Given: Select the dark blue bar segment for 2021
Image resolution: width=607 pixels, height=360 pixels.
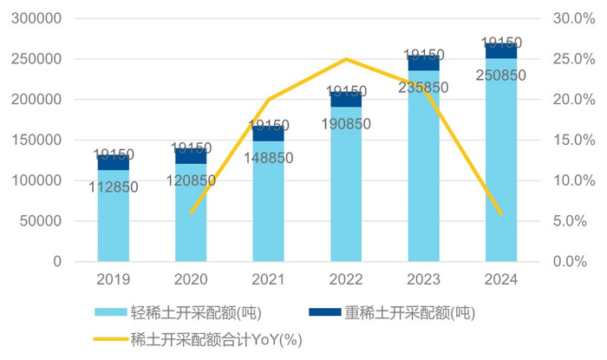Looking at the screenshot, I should click(268, 134).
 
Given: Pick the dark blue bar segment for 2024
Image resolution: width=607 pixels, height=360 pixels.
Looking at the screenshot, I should click(501, 50).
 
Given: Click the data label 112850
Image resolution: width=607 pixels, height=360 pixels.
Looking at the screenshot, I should click(113, 187).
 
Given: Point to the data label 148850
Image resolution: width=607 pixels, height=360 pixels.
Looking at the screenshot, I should click(268, 157).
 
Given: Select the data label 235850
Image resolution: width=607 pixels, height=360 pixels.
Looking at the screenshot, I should click(423, 87).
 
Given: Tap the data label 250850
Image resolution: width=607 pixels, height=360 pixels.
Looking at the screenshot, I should click(501, 75).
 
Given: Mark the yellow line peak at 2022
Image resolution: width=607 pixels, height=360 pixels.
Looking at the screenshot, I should click(346, 59).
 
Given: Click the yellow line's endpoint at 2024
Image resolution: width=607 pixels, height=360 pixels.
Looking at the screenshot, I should click(501, 213).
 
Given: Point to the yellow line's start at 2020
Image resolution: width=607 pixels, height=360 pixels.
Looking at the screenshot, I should click(191, 212).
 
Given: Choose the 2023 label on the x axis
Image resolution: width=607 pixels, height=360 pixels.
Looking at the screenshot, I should click(423, 279).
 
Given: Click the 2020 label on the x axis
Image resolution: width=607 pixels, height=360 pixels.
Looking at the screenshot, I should click(191, 279).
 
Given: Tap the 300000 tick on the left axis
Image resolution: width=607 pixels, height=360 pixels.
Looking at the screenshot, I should click(36, 18).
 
